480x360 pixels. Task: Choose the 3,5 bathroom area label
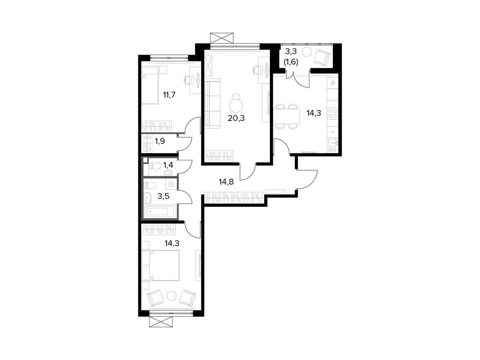click(x=163, y=196)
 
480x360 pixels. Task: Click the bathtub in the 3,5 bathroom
click(x=159, y=211)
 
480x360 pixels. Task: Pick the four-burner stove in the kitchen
click(x=332, y=113)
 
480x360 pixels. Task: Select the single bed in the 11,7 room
click(x=150, y=85)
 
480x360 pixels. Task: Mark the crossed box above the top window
click(x=222, y=37)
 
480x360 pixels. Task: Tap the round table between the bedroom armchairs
click(x=172, y=296)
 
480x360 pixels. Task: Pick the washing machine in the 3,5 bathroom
click(x=171, y=184)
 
